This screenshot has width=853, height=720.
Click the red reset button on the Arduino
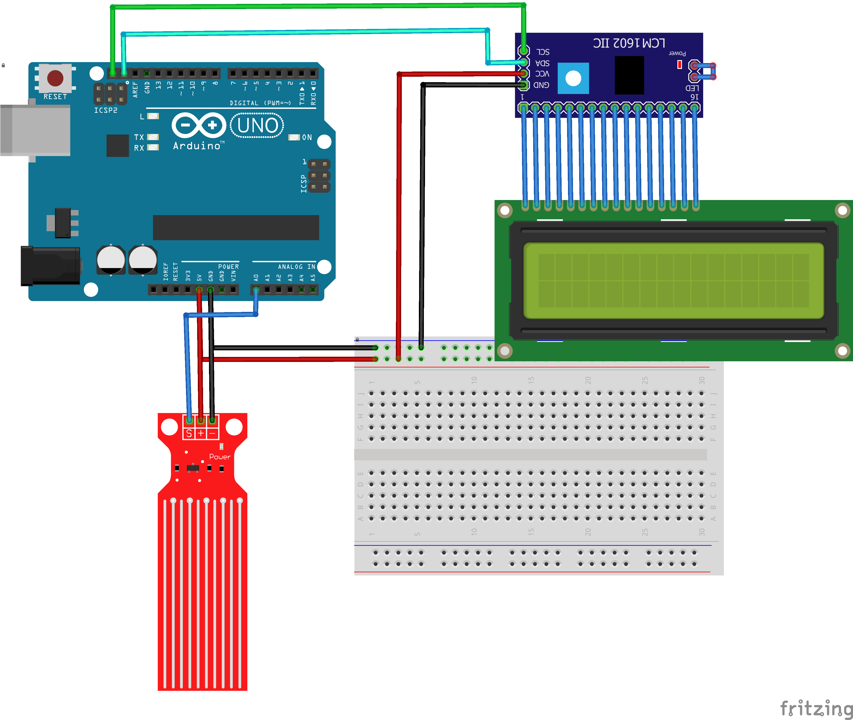coord(55,78)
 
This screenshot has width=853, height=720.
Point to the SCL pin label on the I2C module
coord(543,52)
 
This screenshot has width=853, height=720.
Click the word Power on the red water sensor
coord(220,457)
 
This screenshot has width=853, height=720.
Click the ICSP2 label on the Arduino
coord(106,110)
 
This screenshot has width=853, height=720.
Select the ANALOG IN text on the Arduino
coord(296,267)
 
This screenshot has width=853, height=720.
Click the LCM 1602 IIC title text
coord(629,43)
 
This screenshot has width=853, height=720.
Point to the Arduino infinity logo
coord(199,125)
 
